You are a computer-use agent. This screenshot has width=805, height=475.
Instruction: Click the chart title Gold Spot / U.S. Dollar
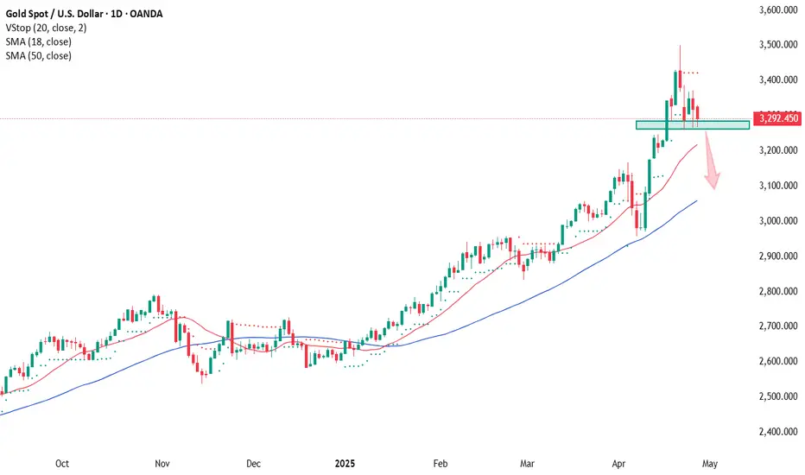click(60, 13)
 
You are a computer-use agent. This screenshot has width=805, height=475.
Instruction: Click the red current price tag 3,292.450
click(776, 118)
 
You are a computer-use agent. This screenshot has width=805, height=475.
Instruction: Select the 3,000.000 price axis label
click(774, 221)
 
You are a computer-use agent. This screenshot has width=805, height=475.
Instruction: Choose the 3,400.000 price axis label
click(774, 80)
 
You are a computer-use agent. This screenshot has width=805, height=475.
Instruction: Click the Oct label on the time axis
click(61, 463)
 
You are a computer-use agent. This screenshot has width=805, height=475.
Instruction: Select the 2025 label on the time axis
click(344, 463)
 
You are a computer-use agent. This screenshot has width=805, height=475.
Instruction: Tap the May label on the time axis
click(709, 463)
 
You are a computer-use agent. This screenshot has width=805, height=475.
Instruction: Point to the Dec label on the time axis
click(252, 463)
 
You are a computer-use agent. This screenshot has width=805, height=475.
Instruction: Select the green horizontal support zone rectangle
click(692, 125)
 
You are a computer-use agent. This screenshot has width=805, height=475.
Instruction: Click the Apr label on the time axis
click(618, 463)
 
